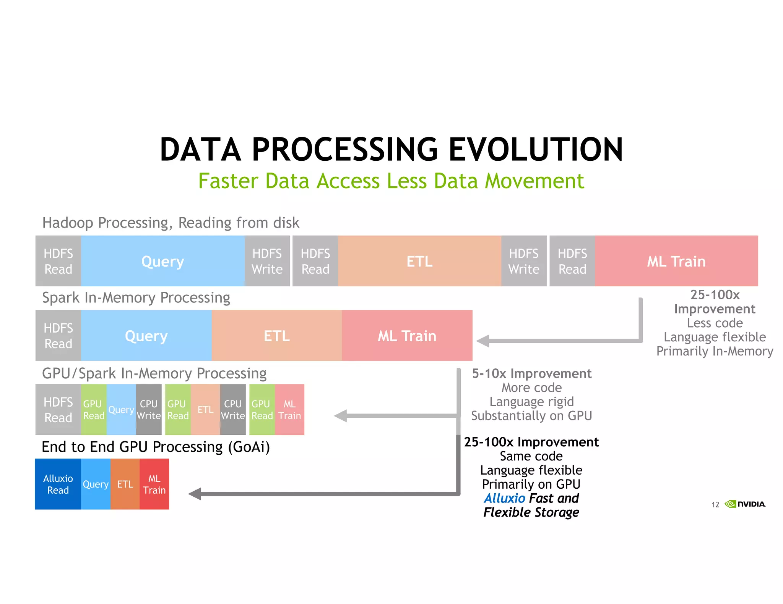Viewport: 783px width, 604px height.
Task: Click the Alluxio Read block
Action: (58, 484)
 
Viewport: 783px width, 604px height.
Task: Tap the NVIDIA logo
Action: (746, 504)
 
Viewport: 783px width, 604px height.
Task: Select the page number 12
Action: (715, 505)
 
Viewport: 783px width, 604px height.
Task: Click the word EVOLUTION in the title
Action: (535, 150)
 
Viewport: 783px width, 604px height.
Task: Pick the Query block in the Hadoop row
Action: (162, 261)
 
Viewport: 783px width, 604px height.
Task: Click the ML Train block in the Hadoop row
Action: (676, 261)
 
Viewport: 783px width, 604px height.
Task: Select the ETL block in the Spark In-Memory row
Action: (276, 336)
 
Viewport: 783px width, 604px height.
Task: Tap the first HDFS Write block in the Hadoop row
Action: (267, 261)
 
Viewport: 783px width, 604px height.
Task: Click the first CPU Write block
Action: (149, 410)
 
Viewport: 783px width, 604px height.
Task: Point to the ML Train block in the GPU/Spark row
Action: (289, 410)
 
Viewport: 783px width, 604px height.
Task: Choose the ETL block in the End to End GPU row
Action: (125, 484)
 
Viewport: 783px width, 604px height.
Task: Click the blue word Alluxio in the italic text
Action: (505, 498)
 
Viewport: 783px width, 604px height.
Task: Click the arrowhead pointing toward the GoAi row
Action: (195, 494)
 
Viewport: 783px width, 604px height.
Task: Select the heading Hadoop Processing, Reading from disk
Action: (171, 223)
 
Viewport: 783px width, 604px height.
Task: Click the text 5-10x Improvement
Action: (531, 373)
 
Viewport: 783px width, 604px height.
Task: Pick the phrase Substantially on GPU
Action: (531, 416)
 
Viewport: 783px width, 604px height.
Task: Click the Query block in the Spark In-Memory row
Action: (146, 336)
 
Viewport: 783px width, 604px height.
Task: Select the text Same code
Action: (531, 456)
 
